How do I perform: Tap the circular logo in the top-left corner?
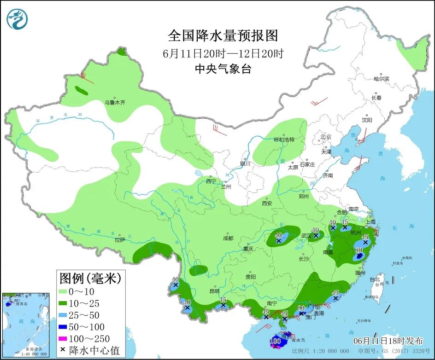pyautogui.click(x=17, y=19)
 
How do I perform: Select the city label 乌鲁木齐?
pyautogui.click(x=114, y=102)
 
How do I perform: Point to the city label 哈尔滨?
pyautogui.click(x=381, y=79)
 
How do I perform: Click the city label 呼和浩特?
pyautogui.click(x=284, y=139)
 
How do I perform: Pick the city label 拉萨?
pyautogui.click(x=120, y=239)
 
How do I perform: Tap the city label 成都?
pyautogui.click(x=228, y=238)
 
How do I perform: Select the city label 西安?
pyautogui.click(x=267, y=203)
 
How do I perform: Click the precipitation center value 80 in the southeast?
pyautogui.click(x=359, y=250)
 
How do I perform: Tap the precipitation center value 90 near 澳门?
pyautogui.click(x=301, y=308)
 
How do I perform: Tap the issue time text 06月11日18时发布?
pyautogui.click(x=388, y=341)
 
